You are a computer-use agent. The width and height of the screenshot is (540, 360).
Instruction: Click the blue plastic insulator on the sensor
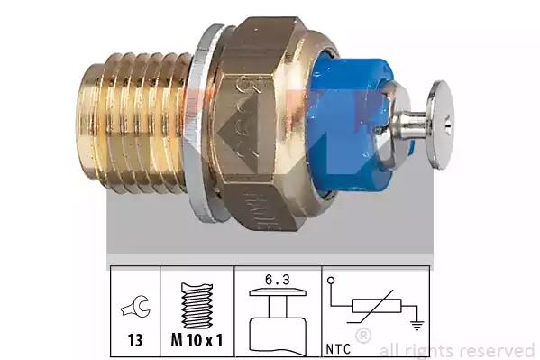point(344,125)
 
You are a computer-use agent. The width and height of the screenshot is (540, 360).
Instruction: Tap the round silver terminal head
point(440,125)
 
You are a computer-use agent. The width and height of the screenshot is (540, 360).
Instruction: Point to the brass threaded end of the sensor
point(134,123)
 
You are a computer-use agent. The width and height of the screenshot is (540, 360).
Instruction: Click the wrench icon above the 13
point(136,307)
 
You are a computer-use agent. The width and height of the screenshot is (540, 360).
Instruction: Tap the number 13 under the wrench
point(135,340)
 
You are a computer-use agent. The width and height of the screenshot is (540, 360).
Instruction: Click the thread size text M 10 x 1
point(197,340)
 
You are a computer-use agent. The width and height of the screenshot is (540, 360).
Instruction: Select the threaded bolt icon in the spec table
point(197,306)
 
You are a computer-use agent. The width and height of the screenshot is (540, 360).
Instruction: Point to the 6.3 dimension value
point(278,280)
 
